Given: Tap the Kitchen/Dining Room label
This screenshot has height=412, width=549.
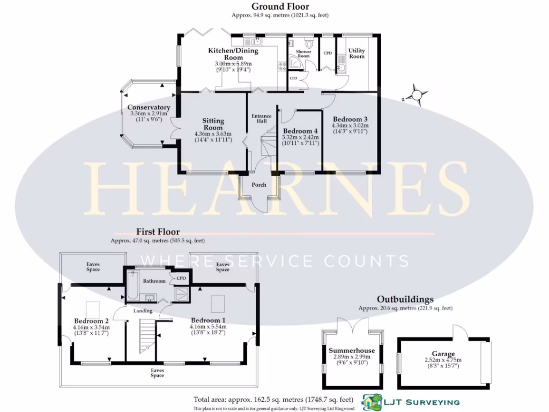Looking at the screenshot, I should [x=233, y=54].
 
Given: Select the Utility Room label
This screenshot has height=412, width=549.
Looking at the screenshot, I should [x=357, y=53].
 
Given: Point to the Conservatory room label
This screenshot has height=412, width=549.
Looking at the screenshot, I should [x=149, y=108].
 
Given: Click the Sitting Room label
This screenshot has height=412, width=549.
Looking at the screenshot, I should [x=213, y=124].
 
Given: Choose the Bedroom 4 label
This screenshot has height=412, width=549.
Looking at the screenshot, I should [x=300, y=131].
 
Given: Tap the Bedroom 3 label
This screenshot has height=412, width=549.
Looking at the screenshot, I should [x=350, y=119].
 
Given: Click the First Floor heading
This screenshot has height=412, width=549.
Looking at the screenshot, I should [x=158, y=232].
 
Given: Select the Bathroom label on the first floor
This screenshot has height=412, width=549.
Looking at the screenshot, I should [x=154, y=281].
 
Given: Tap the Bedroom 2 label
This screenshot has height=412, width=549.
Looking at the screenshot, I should [x=91, y=321].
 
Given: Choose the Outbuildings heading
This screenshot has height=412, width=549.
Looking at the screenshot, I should [x=405, y=299].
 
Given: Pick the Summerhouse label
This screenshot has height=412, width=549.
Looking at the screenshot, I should [x=352, y=351].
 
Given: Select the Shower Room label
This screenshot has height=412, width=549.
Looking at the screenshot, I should [x=303, y=54].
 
